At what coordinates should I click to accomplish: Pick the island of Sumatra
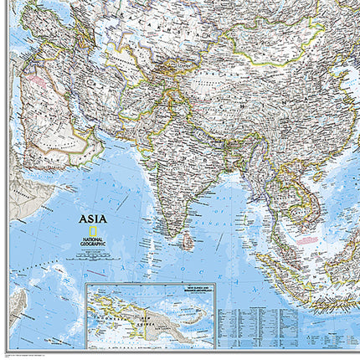(x=276, y=268)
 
